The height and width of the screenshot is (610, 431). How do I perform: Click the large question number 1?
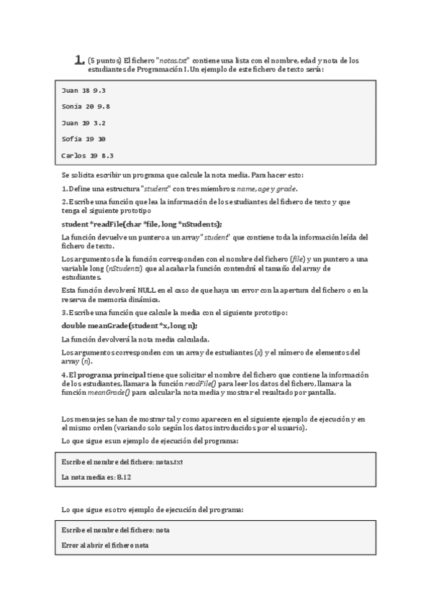click(x=79, y=60)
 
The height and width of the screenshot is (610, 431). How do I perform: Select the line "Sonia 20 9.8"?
click(x=86, y=106)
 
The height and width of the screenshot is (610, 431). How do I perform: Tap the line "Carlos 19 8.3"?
click(x=88, y=155)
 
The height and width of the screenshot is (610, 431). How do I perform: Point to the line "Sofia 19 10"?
click(x=83, y=139)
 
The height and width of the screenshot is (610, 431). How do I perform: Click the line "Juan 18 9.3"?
click(x=83, y=91)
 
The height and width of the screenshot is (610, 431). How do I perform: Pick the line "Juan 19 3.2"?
click(x=83, y=123)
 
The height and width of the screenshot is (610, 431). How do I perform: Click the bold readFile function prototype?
click(x=142, y=224)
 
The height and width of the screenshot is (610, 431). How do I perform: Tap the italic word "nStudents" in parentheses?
click(x=124, y=268)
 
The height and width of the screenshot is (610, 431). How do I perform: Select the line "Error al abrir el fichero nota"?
click(x=105, y=545)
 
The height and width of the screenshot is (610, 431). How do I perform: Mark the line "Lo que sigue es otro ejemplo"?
click(x=153, y=509)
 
